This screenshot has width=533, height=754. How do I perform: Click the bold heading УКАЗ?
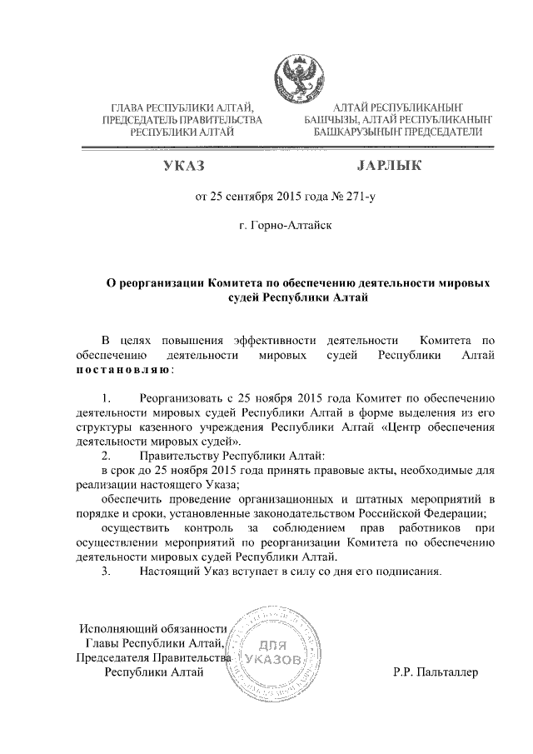[184, 167]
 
